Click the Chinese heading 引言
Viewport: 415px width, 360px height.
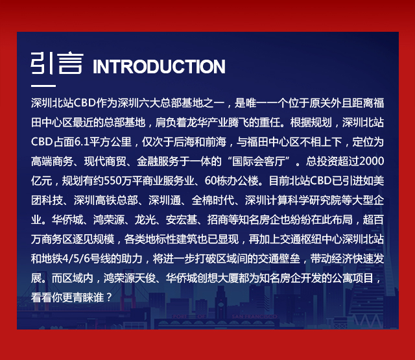point(57,64)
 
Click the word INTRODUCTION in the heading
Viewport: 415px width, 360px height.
point(159,66)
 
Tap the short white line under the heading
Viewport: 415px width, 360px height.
point(43,86)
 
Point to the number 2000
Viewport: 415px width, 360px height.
point(372,162)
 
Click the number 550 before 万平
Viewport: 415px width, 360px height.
point(114,181)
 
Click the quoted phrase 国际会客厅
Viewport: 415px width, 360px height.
point(258,162)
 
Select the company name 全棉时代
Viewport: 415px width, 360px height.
point(213,200)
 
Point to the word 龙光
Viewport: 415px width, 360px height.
point(145,220)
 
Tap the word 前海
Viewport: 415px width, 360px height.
point(215,142)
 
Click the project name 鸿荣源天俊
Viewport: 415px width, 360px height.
point(130,278)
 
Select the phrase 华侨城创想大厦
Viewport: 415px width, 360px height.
point(202,278)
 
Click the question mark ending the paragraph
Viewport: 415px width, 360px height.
point(108,298)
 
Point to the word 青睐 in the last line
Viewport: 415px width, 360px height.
point(83,298)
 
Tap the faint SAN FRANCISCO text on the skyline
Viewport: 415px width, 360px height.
point(254,317)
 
